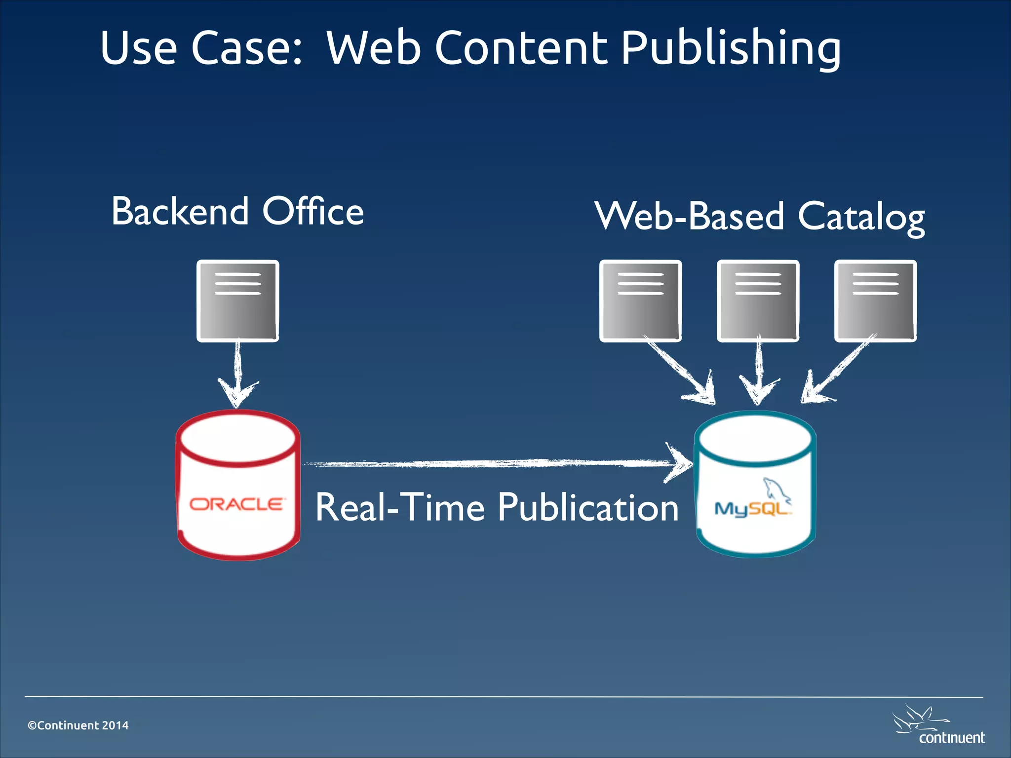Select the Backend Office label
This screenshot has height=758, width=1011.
click(237, 211)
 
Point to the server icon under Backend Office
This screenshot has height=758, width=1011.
click(237, 301)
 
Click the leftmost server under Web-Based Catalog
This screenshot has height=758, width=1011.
click(640, 301)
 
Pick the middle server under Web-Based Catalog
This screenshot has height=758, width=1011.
click(758, 301)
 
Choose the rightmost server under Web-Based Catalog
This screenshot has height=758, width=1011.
click(875, 301)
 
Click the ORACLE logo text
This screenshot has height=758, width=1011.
click(237, 504)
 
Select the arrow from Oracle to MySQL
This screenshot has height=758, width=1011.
click(494, 463)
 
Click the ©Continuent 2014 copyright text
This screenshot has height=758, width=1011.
click(78, 725)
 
